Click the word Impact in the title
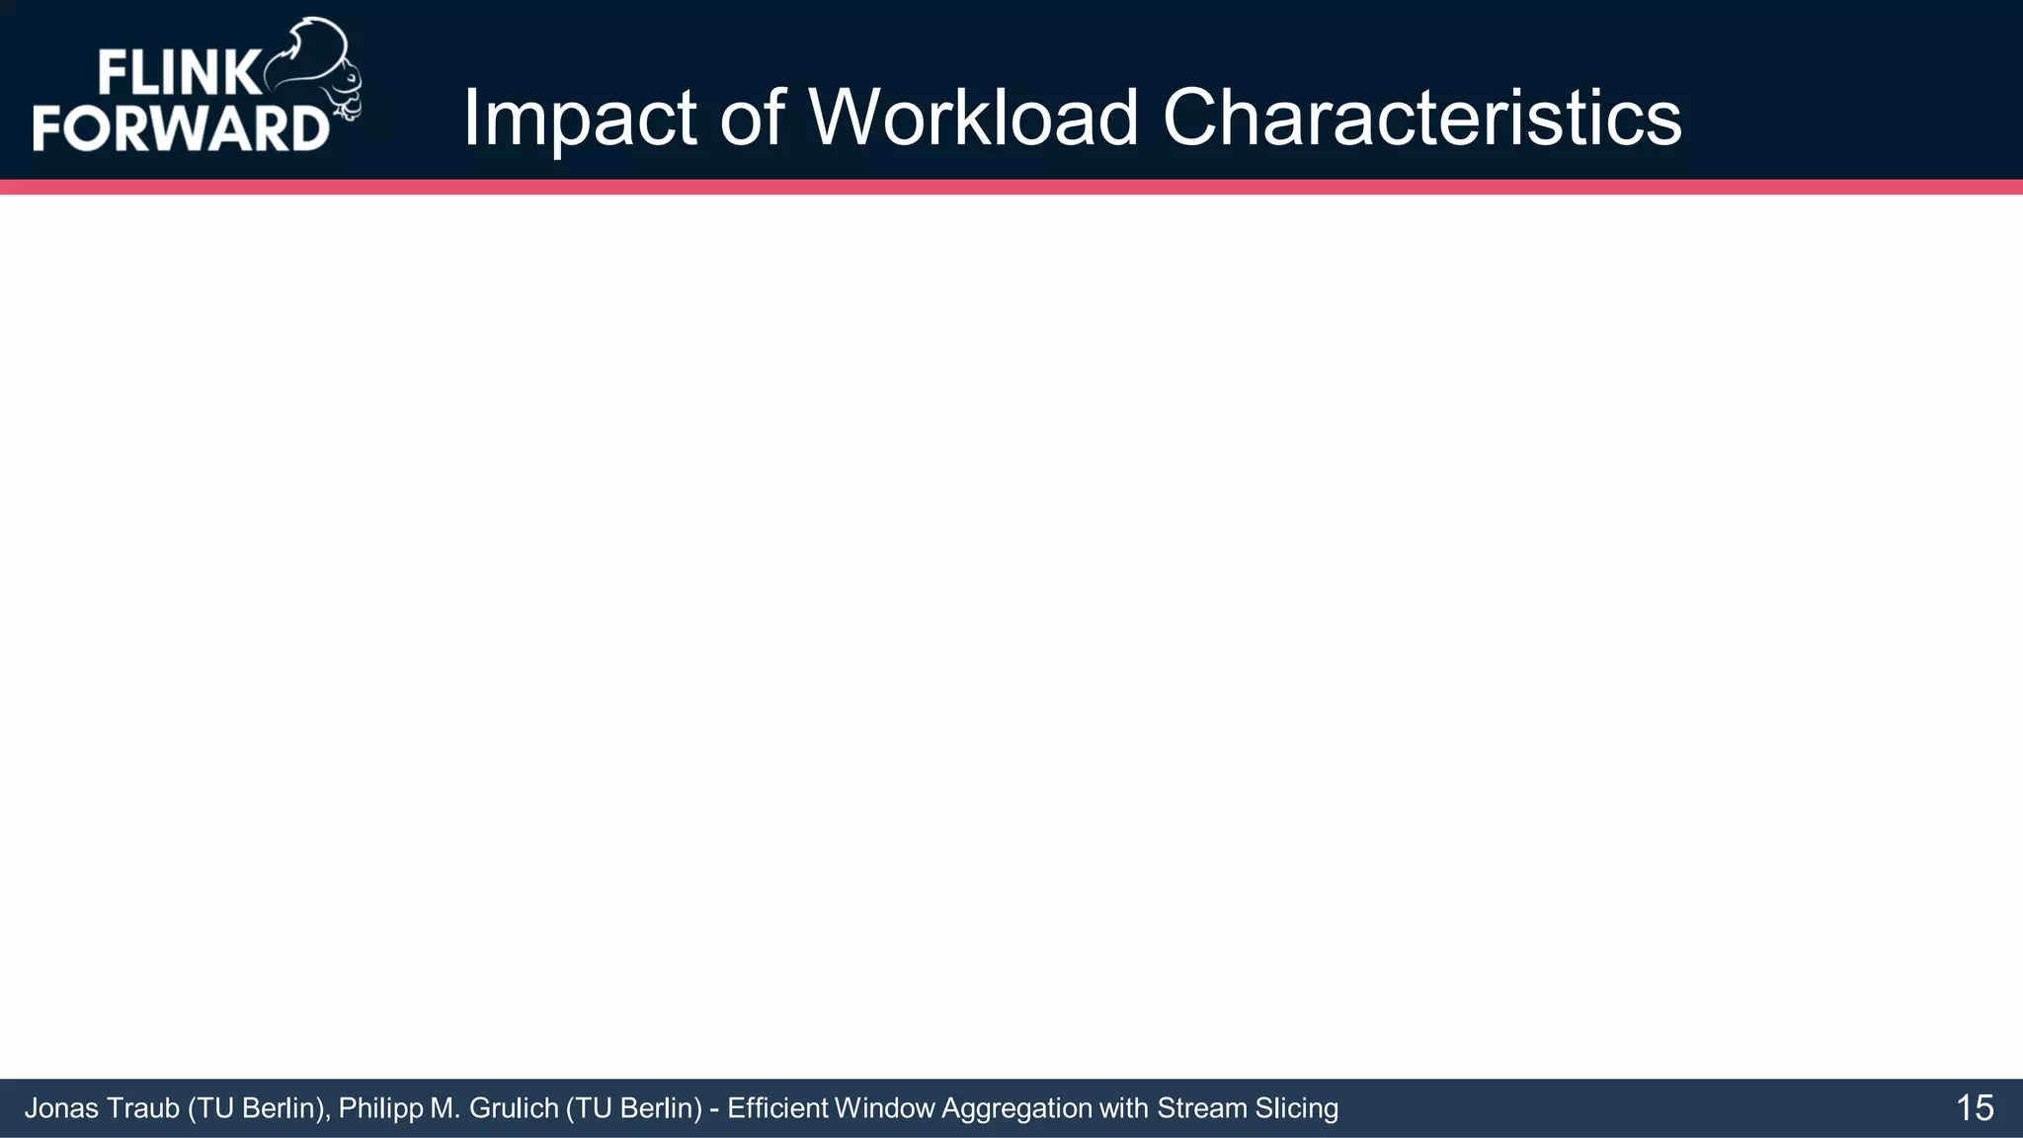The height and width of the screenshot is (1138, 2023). (579, 119)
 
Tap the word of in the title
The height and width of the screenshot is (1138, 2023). (752, 119)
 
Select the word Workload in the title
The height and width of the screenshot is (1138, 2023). (974, 119)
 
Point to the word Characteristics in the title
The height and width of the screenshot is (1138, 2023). (1421, 119)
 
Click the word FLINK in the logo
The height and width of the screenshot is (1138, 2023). (178, 75)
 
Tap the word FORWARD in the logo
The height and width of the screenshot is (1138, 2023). (181, 128)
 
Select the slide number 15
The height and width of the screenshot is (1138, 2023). (1974, 1108)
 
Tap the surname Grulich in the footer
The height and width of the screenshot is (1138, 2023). (514, 1108)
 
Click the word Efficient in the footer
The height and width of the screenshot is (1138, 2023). (777, 1108)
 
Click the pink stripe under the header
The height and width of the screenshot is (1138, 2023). (1011, 187)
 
